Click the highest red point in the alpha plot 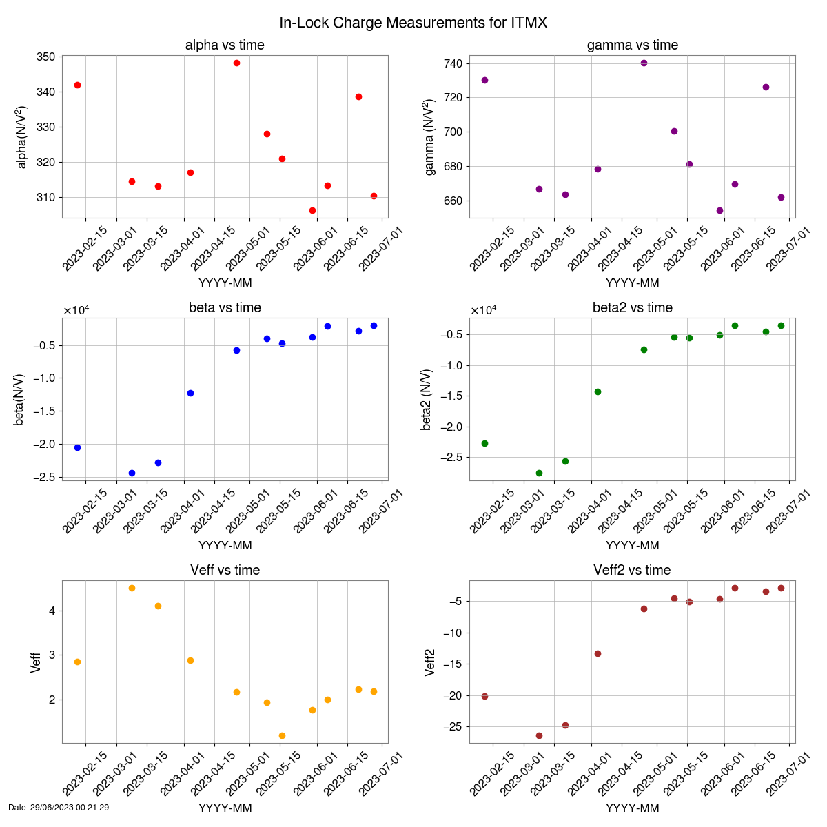[236, 63]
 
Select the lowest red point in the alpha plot [312, 210]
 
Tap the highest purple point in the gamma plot [644, 63]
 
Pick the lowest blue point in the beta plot [132, 473]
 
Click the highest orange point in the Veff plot [132, 588]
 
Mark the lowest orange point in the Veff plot [282, 735]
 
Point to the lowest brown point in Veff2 [539, 735]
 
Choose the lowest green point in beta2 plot [539, 473]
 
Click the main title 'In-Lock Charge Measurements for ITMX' [413, 23]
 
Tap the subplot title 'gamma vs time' [632, 45]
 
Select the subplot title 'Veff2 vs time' [632, 571]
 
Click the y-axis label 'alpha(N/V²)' [21, 137]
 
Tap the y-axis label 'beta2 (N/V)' [428, 399]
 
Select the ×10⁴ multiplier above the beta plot [76, 310]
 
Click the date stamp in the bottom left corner [59, 807]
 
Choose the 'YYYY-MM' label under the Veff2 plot [632, 808]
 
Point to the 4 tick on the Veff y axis [52, 611]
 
